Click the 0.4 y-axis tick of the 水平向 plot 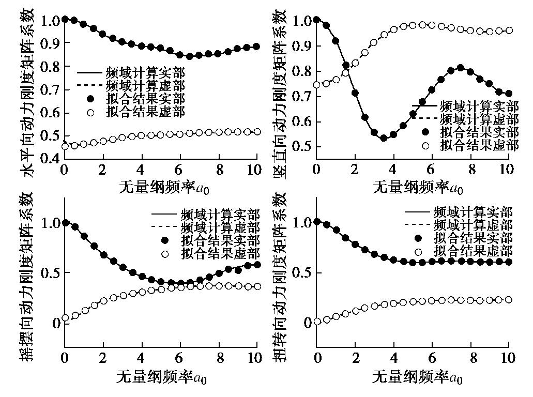click(x=50, y=158)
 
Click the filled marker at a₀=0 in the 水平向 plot click(x=65, y=20)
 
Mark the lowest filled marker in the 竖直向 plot click(x=384, y=138)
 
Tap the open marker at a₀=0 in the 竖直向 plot click(x=317, y=85)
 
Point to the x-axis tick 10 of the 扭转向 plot click(x=509, y=357)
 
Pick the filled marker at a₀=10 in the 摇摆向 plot click(x=257, y=265)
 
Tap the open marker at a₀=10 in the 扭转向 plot click(x=509, y=300)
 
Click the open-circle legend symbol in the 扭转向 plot click(x=418, y=252)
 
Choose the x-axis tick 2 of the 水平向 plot click(x=103, y=170)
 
